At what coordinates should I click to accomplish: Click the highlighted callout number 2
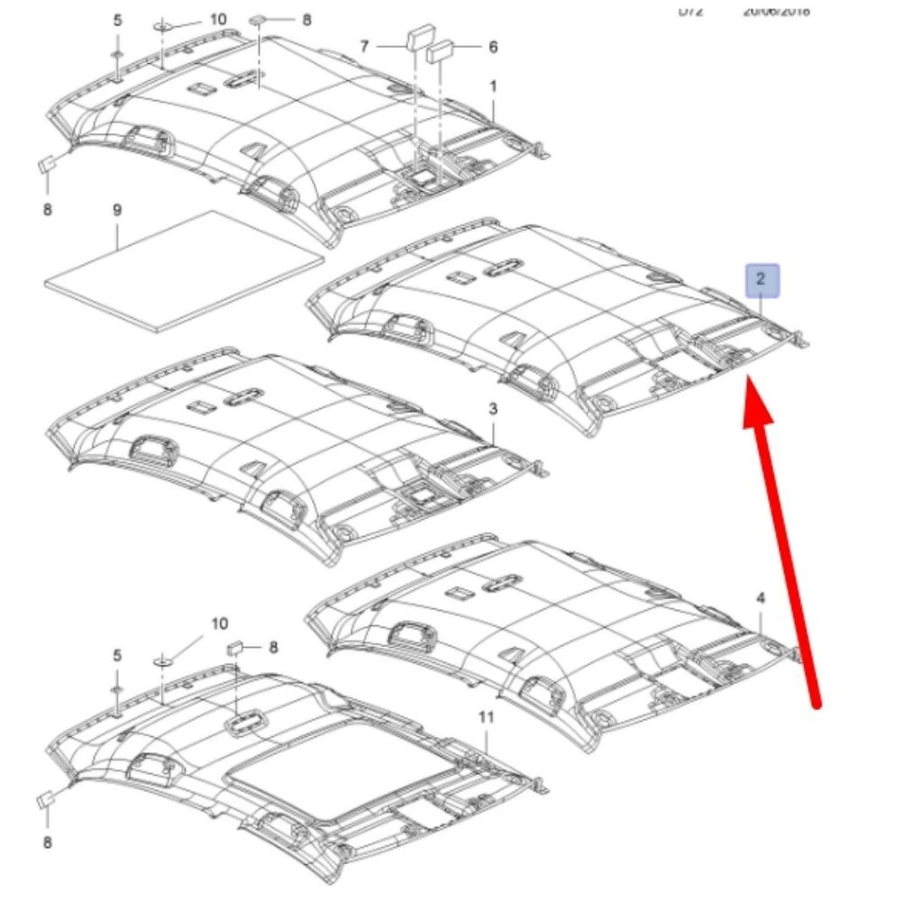[760, 280]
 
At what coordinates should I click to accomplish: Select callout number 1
[493, 86]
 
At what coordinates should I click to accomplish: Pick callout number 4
[760, 598]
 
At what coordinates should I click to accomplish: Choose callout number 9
[116, 210]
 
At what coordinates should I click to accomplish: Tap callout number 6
[493, 46]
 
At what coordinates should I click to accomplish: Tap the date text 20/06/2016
[776, 11]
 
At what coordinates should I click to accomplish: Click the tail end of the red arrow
[815, 705]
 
